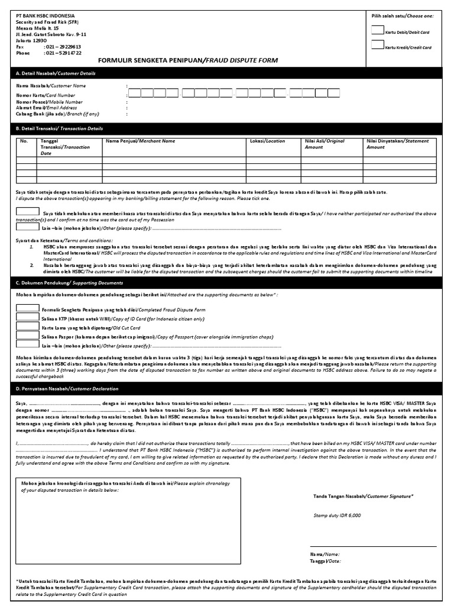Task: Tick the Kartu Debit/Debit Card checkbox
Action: pos(377,30)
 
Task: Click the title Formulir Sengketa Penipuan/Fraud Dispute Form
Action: pos(187,60)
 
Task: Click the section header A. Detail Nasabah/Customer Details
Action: pos(56,73)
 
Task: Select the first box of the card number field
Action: pos(135,93)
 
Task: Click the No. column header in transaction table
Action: pos(24,141)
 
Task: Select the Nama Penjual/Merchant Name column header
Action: pos(140,141)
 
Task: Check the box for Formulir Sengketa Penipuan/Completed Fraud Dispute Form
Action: pos(27,308)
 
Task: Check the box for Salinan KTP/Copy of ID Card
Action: pos(27,317)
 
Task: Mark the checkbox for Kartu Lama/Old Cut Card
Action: pos(27,326)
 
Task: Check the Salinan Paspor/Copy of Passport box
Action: pos(27,335)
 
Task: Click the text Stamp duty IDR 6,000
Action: pos(336,515)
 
